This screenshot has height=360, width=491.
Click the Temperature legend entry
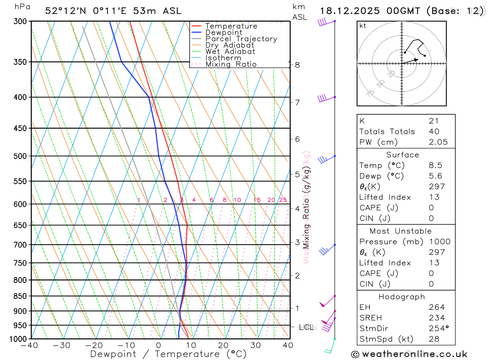[231, 26]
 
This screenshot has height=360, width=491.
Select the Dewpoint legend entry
[223, 32]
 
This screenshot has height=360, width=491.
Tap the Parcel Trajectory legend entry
[241, 39]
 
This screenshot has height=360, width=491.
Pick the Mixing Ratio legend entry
[231, 64]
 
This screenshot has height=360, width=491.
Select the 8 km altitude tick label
[298, 65]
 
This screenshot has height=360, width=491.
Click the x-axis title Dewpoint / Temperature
[168, 354]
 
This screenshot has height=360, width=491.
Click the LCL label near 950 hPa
[307, 327]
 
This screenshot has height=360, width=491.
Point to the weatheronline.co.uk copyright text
[409, 354]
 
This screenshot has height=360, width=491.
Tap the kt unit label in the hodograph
[363, 26]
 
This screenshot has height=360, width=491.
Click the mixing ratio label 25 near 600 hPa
[283, 200]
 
